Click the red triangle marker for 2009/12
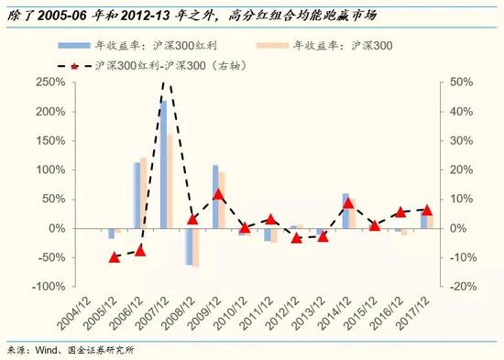point(218,194)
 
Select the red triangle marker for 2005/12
point(114,257)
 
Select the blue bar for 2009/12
point(215,196)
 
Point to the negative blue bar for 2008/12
point(189,246)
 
